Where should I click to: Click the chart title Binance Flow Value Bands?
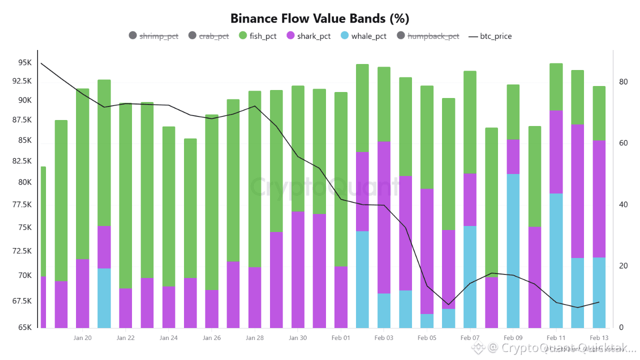tap(319, 18)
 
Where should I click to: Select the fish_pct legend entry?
tap(257, 36)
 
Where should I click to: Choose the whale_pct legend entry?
tap(363, 36)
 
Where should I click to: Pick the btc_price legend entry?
tap(490, 36)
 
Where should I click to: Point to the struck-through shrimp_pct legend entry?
tap(153, 36)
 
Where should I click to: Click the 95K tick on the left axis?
tap(25, 62)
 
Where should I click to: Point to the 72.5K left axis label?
tap(22, 250)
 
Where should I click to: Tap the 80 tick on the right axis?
tap(622, 81)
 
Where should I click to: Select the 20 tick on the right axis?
tap(622, 266)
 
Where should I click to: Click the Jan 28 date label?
tap(254, 338)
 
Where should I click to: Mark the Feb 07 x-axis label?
tap(469, 338)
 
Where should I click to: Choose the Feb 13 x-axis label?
tap(598, 338)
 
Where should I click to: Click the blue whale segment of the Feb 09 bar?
tap(512, 250)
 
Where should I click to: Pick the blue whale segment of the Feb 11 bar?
tap(555, 260)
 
